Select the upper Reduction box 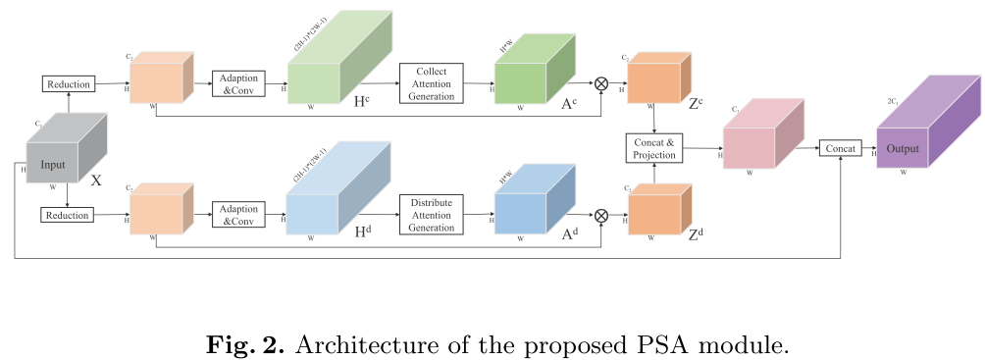click(x=69, y=84)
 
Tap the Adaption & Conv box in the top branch click(x=237, y=84)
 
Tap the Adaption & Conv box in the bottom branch click(x=236, y=214)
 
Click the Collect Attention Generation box click(x=431, y=84)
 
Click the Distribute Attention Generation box click(x=431, y=214)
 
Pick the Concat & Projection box click(x=653, y=149)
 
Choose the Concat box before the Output click(x=840, y=148)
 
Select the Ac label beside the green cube click(x=569, y=105)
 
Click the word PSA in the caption click(x=625, y=345)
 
